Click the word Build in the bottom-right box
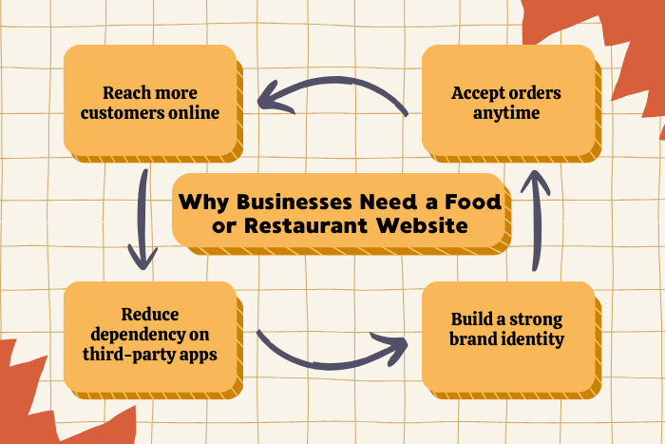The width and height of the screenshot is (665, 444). click(x=464, y=319)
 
